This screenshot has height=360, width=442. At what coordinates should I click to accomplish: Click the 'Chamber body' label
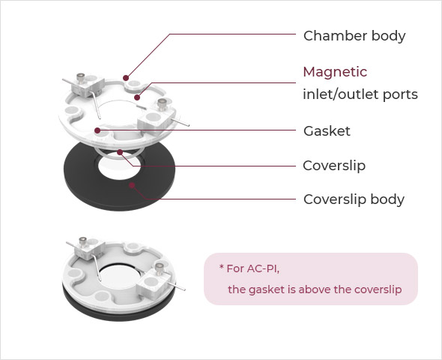click(354, 36)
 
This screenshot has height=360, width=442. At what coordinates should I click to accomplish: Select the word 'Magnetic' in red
click(335, 72)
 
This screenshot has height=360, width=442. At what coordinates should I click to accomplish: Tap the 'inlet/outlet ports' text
click(360, 94)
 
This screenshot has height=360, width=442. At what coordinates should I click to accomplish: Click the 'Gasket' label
click(327, 131)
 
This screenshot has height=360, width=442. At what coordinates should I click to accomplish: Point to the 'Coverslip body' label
click(354, 199)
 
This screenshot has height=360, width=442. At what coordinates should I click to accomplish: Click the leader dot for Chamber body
click(126, 78)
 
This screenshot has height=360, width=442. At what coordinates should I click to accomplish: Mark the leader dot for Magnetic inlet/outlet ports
click(137, 97)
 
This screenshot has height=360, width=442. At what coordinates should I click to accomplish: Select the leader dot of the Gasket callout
click(97, 130)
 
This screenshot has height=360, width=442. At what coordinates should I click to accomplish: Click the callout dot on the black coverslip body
click(132, 185)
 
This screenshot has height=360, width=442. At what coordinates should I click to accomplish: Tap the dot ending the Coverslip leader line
click(120, 152)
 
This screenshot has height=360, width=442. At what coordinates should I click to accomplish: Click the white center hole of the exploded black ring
click(119, 167)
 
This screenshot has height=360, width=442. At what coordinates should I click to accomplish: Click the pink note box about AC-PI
click(311, 279)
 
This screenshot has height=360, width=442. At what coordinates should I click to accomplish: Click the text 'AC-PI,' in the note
click(263, 268)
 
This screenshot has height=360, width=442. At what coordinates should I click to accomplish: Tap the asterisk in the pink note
click(222, 266)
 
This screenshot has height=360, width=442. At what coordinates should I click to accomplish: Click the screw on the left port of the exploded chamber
click(81, 78)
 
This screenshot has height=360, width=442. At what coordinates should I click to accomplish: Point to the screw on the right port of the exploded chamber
click(162, 103)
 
